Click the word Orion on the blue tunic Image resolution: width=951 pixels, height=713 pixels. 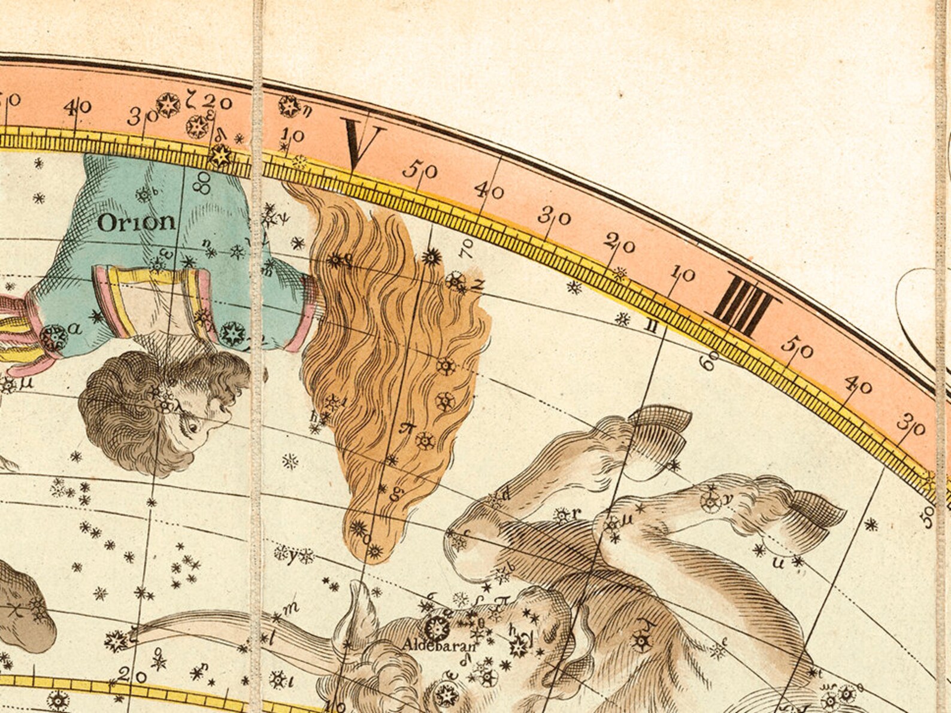click(137, 223)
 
